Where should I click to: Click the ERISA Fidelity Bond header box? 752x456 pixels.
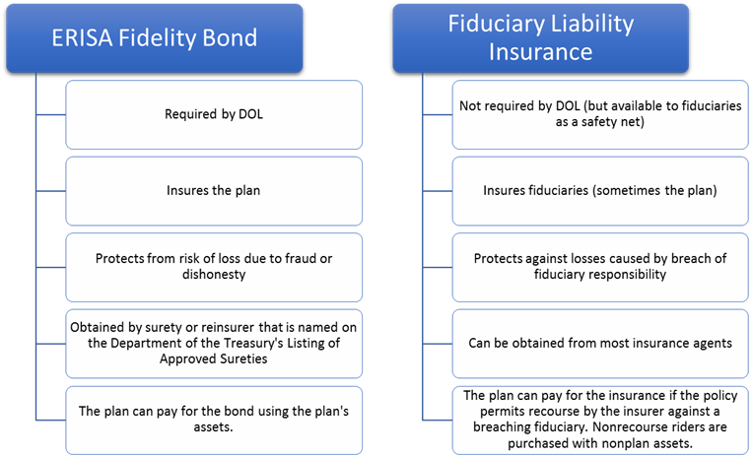coord(155,38)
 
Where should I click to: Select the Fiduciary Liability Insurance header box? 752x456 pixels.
coord(541,38)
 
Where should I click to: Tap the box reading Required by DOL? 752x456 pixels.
coord(214,114)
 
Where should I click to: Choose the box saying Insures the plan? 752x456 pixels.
coord(214,191)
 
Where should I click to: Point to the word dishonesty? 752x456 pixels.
coord(214,274)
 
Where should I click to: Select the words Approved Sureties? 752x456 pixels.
coord(214,358)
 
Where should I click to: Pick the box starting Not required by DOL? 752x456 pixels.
coord(600,114)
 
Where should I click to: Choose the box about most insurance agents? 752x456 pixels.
coord(600,344)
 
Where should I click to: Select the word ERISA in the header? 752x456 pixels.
coord(82,38)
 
